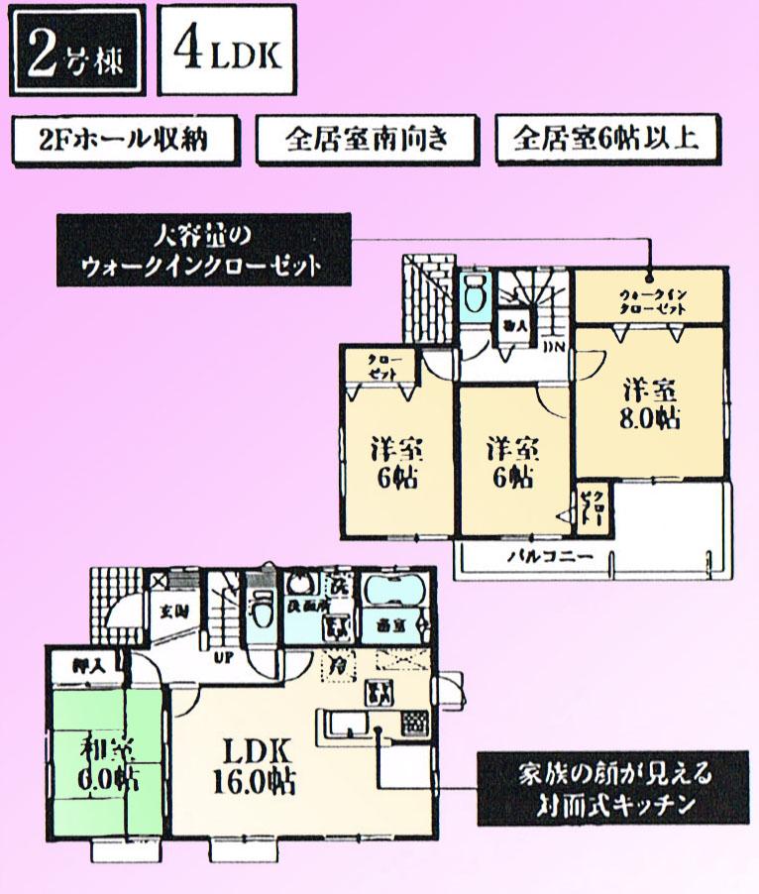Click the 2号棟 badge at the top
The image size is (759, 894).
coord(76,54)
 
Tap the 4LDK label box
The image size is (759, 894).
coord(227,52)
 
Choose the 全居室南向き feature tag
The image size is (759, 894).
coord(366,140)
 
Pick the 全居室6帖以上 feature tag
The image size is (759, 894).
coord(606,140)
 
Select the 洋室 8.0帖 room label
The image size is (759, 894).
coord(651,401)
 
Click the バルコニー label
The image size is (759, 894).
coord(551,557)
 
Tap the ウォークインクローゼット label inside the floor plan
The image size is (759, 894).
coord(651,298)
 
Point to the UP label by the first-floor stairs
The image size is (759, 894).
coord(223,656)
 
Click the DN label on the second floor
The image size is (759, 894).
coord(555,346)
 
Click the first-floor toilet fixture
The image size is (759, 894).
coord(263,610)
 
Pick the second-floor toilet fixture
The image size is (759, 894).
coord(473,294)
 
